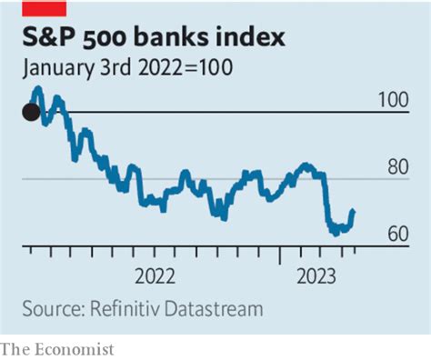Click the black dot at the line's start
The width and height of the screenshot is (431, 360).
[x=31, y=112]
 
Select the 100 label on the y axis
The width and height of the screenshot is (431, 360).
[x=392, y=100]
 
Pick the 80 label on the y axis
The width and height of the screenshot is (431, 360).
[x=396, y=167]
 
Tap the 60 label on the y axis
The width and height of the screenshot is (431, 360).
[x=396, y=235]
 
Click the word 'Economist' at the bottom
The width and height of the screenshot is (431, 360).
[x=74, y=348]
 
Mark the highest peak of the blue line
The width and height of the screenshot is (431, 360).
[x=37, y=89]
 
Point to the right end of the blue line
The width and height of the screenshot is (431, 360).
[x=354, y=211]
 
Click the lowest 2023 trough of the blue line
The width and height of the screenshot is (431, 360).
[x=334, y=233]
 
